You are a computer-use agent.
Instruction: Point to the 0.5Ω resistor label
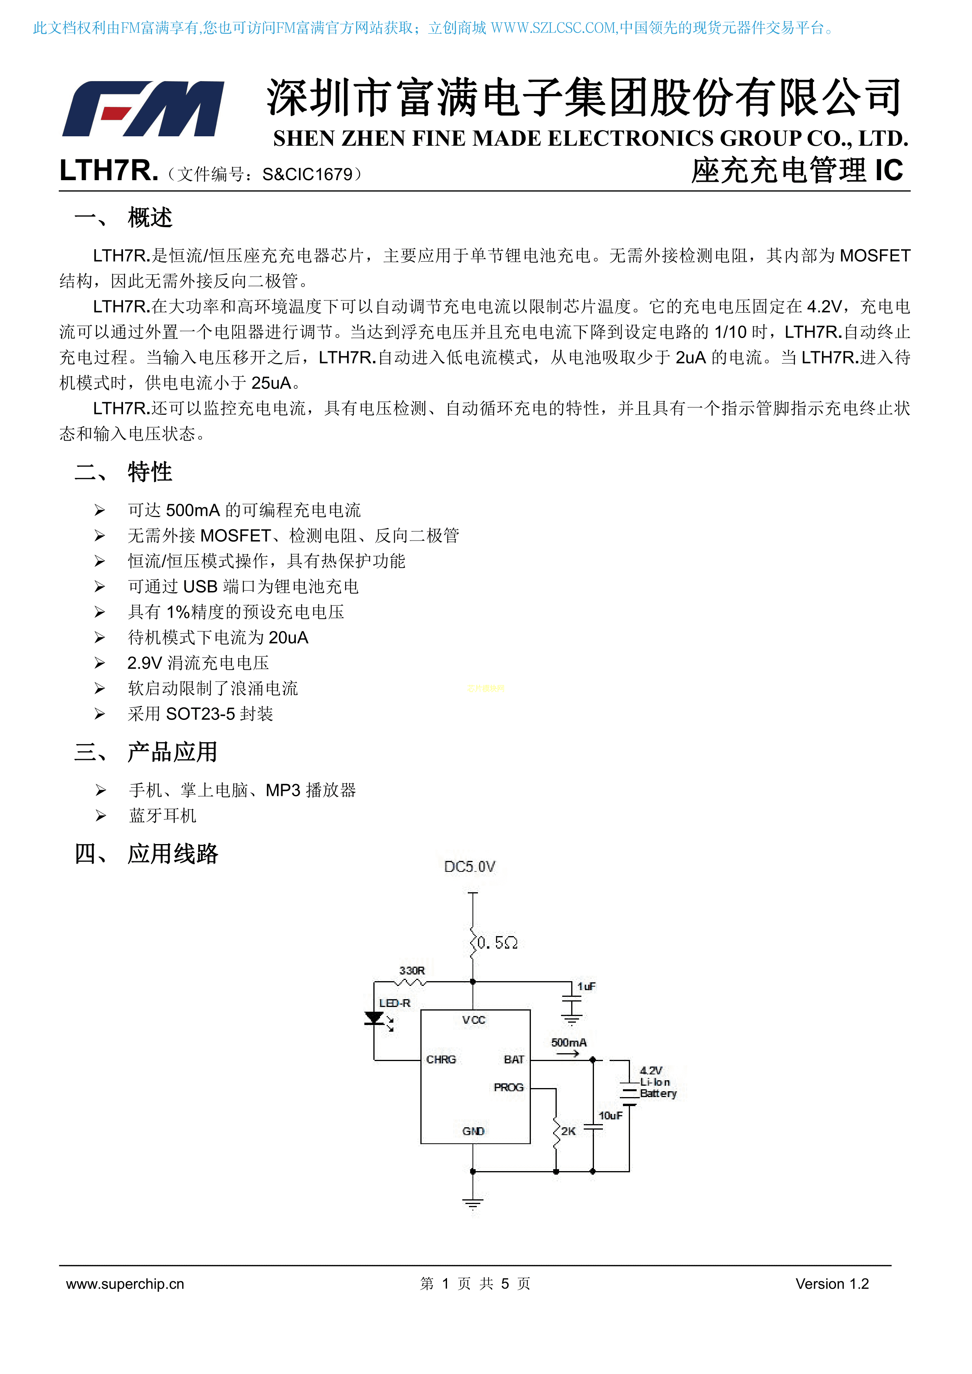tap(498, 943)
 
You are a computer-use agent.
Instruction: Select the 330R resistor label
tap(412, 971)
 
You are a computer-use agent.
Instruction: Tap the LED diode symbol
tap(375, 1018)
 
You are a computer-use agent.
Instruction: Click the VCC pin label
tap(473, 1020)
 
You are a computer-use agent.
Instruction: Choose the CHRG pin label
tap(441, 1060)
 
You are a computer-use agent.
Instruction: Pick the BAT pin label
tap(514, 1060)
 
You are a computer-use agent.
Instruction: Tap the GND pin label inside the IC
tap(473, 1131)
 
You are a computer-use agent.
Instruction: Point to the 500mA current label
tap(568, 1043)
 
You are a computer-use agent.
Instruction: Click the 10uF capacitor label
tap(610, 1115)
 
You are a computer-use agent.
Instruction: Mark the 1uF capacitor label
tap(586, 986)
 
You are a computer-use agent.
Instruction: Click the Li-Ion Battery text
tap(657, 1088)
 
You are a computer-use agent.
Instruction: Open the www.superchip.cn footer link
tap(125, 1284)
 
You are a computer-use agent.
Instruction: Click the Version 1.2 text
tap(832, 1284)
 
